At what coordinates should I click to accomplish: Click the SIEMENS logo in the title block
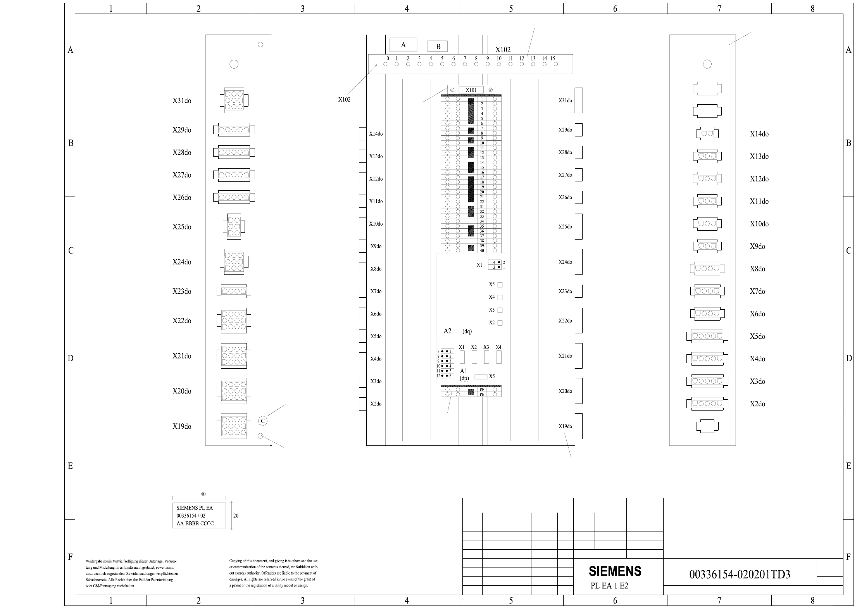tap(615, 571)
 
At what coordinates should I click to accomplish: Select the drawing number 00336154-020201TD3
tap(740, 574)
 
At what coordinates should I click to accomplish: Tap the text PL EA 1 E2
tap(609, 586)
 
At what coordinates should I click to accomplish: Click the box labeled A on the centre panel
tap(403, 45)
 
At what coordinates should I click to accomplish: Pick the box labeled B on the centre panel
tap(438, 47)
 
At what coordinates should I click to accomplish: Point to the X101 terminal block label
tap(471, 90)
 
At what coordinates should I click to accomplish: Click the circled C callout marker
tap(263, 421)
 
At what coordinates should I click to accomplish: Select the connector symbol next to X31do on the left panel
tap(234, 100)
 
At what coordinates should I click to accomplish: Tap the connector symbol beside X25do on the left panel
tap(234, 227)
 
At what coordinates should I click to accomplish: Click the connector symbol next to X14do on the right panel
tap(707, 134)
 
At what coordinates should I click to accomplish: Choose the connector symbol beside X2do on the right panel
tap(707, 404)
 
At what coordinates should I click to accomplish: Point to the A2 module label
tap(447, 331)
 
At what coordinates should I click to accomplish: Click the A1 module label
tap(463, 371)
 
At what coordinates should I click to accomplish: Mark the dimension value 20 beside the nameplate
tap(236, 516)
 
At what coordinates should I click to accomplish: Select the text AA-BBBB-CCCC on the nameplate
tap(195, 523)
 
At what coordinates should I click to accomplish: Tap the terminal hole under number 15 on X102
tap(556, 64)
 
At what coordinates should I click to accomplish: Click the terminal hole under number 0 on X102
tap(385, 64)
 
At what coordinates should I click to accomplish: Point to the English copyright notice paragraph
tap(273, 573)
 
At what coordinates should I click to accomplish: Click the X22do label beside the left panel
tap(182, 321)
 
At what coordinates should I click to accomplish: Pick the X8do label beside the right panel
tap(757, 269)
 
